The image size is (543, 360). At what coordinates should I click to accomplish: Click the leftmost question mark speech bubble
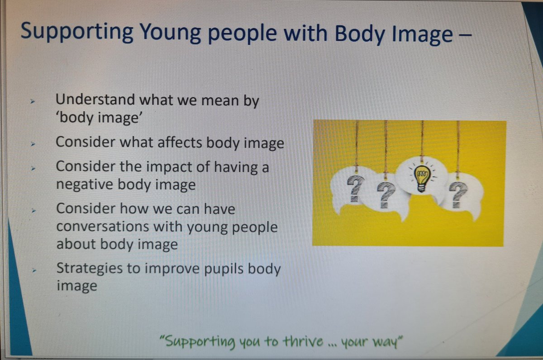click(355, 187)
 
